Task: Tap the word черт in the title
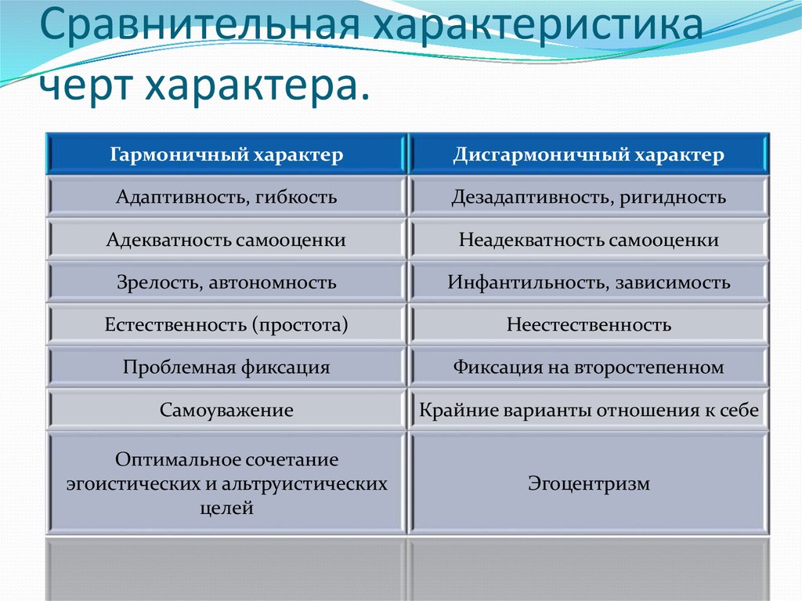coord(84,82)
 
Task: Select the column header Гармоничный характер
coord(226,154)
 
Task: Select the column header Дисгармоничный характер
coord(588,154)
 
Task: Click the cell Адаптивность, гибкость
coord(226,197)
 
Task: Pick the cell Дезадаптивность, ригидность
coord(588,197)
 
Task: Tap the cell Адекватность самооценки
coord(226,240)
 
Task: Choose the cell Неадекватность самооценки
coord(588,240)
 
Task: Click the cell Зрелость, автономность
coord(226,282)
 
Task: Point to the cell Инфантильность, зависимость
coord(588,282)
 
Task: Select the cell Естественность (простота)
coord(226,324)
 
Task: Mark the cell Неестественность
coord(588,324)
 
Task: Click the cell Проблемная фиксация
coord(226,367)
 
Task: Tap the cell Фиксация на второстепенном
coord(588,367)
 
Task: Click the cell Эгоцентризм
coord(588,483)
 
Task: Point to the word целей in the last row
coord(226,508)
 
